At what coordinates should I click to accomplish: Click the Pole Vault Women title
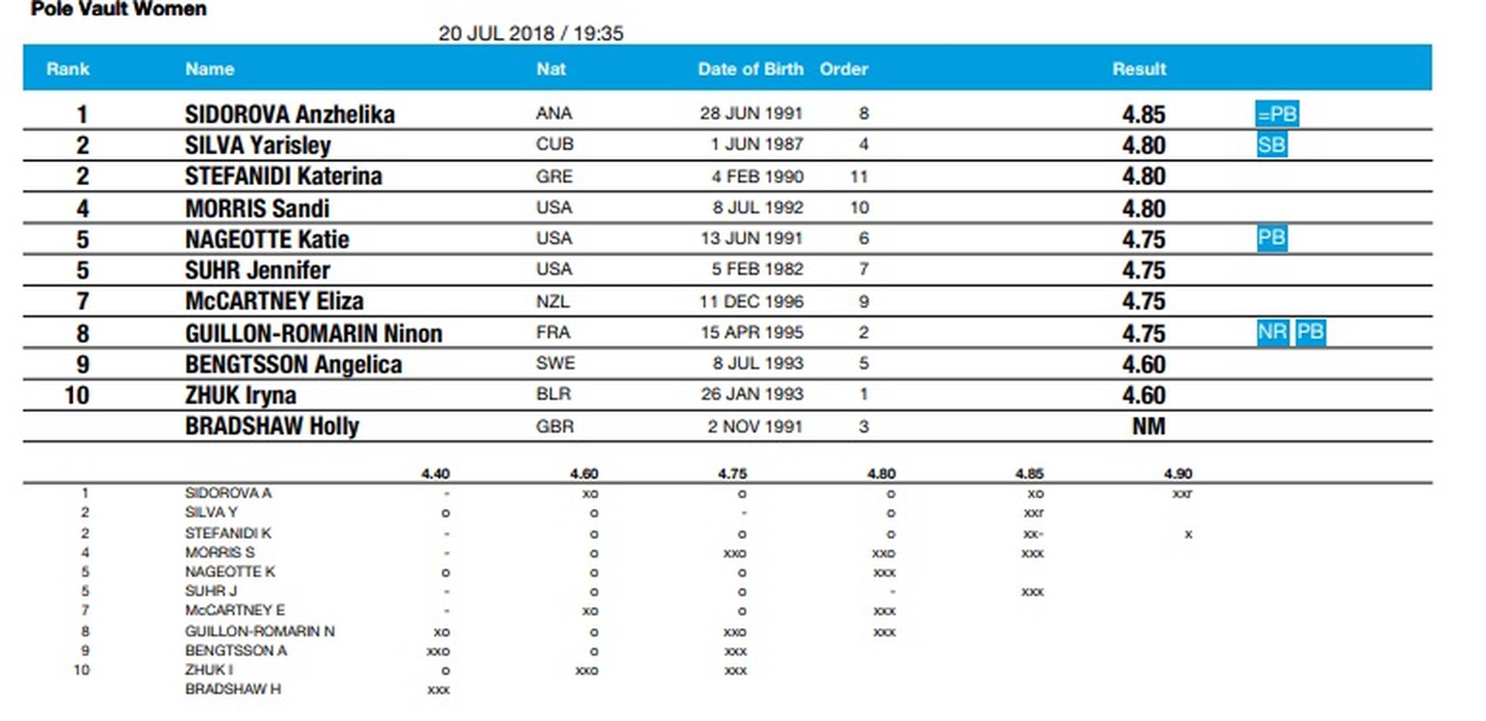[118, 9]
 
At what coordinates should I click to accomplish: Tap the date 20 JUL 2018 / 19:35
[530, 33]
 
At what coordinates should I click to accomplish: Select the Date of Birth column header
[750, 69]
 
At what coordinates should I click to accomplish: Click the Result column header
[1138, 69]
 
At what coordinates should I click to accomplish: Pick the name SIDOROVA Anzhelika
[289, 115]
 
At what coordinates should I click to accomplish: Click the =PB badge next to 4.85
[1276, 114]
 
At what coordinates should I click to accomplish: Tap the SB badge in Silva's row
[1272, 145]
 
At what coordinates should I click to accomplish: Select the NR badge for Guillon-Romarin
[1272, 332]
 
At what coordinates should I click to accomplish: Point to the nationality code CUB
[554, 145]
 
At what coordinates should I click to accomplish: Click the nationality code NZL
[553, 301]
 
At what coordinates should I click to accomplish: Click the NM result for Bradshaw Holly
[1148, 427]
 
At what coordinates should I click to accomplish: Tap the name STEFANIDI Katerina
[283, 177]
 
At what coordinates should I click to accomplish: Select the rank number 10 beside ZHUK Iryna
[77, 396]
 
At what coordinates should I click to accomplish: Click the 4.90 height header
[1177, 473]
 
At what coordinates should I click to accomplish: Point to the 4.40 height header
[435, 473]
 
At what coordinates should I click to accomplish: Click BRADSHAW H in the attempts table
[232, 689]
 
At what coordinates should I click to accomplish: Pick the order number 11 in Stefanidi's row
[858, 177]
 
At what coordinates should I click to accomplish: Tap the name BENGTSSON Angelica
[293, 365]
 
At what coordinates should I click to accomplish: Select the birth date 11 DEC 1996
[751, 301]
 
